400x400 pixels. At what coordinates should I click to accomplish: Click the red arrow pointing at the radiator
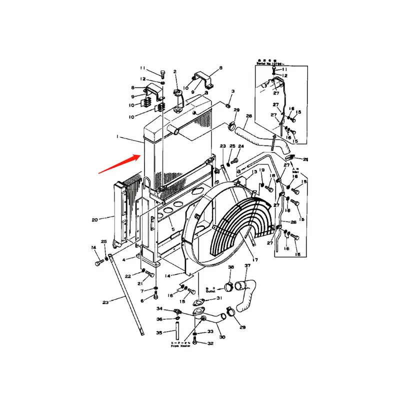tap(118, 164)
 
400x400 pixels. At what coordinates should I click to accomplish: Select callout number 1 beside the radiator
tap(118, 136)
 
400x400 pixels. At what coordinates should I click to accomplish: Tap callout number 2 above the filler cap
tap(175, 72)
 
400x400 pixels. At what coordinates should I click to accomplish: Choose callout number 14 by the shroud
tap(167, 275)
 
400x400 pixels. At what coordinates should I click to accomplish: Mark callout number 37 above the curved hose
tap(246, 266)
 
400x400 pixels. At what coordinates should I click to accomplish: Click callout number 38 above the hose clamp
tap(230, 268)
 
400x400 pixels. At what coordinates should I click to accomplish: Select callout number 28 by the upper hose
tap(249, 116)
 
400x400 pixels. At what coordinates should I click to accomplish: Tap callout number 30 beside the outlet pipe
tap(222, 337)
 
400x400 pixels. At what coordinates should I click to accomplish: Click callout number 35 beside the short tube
tap(159, 332)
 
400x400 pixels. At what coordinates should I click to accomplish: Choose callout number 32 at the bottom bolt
tap(210, 343)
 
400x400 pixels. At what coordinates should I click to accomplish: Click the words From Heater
tap(181, 345)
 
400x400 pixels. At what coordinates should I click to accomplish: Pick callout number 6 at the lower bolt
tap(142, 300)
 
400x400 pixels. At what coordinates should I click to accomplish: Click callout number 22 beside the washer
tap(128, 275)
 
